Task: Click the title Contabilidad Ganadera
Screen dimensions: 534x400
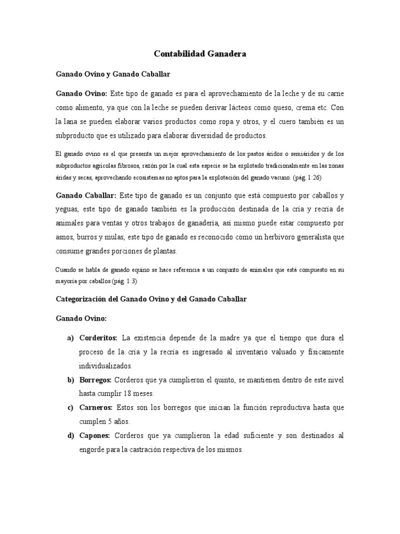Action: point(200,54)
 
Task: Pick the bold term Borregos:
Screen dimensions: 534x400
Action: point(95,380)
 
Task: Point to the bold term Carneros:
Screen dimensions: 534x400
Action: point(96,407)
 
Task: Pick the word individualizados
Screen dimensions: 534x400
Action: point(106,366)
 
